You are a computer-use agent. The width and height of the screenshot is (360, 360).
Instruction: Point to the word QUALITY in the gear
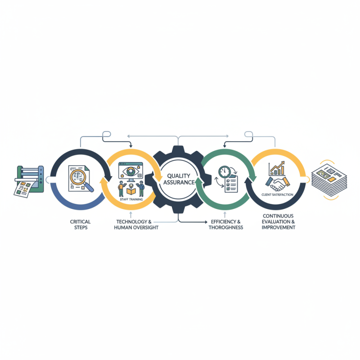[179, 176]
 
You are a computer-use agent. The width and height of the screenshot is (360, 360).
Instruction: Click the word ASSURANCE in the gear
[179, 183]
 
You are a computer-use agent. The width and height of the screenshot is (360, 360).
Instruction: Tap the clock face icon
[224, 172]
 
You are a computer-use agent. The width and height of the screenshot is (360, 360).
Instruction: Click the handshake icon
[279, 182]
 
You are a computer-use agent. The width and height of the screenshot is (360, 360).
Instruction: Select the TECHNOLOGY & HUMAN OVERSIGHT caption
[137, 225]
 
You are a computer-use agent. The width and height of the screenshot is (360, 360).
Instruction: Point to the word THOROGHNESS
[225, 228]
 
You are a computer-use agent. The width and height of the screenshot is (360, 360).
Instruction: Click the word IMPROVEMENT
[279, 228]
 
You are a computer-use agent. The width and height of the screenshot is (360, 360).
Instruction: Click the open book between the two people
[130, 189]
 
